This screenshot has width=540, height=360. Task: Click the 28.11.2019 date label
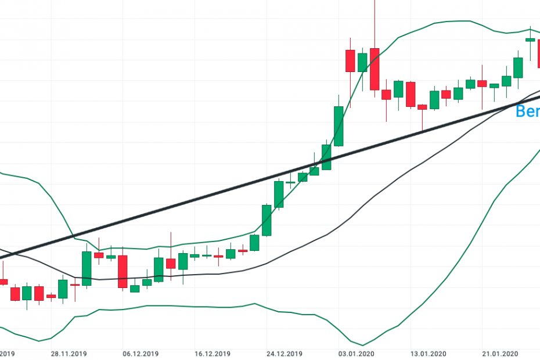pyautogui.click(x=69, y=354)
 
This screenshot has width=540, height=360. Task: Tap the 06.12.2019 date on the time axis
pyautogui.click(x=141, y=354)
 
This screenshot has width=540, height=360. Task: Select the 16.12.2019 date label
pyautogui.click(x=213, y=354)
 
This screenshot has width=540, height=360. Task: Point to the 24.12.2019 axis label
pyautogui.click(x=284, y=354)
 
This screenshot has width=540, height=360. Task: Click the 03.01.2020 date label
pyautogui.click(x=356, y=354)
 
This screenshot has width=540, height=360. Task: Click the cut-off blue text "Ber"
pyautogui.click(x=528, y=111)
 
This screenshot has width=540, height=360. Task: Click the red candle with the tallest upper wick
pyautogui.click(x=375, y=69)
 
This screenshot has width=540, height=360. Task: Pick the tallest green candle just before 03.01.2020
pyautogui.click(x=339, y=126)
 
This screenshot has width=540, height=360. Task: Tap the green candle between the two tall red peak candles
pyautogui.click(x=362, y=62)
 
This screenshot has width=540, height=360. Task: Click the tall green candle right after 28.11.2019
pyautogui.click(x=87, y=268)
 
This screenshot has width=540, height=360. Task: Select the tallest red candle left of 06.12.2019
pyautogui.click(x=123, y=271)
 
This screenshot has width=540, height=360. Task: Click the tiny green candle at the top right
pyautogui.click(x=530, y=39)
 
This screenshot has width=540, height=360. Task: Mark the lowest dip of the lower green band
pyautogui.click(x=362, y=345)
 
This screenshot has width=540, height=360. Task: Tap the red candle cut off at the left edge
pyautogui.click(x=3, y=282)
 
